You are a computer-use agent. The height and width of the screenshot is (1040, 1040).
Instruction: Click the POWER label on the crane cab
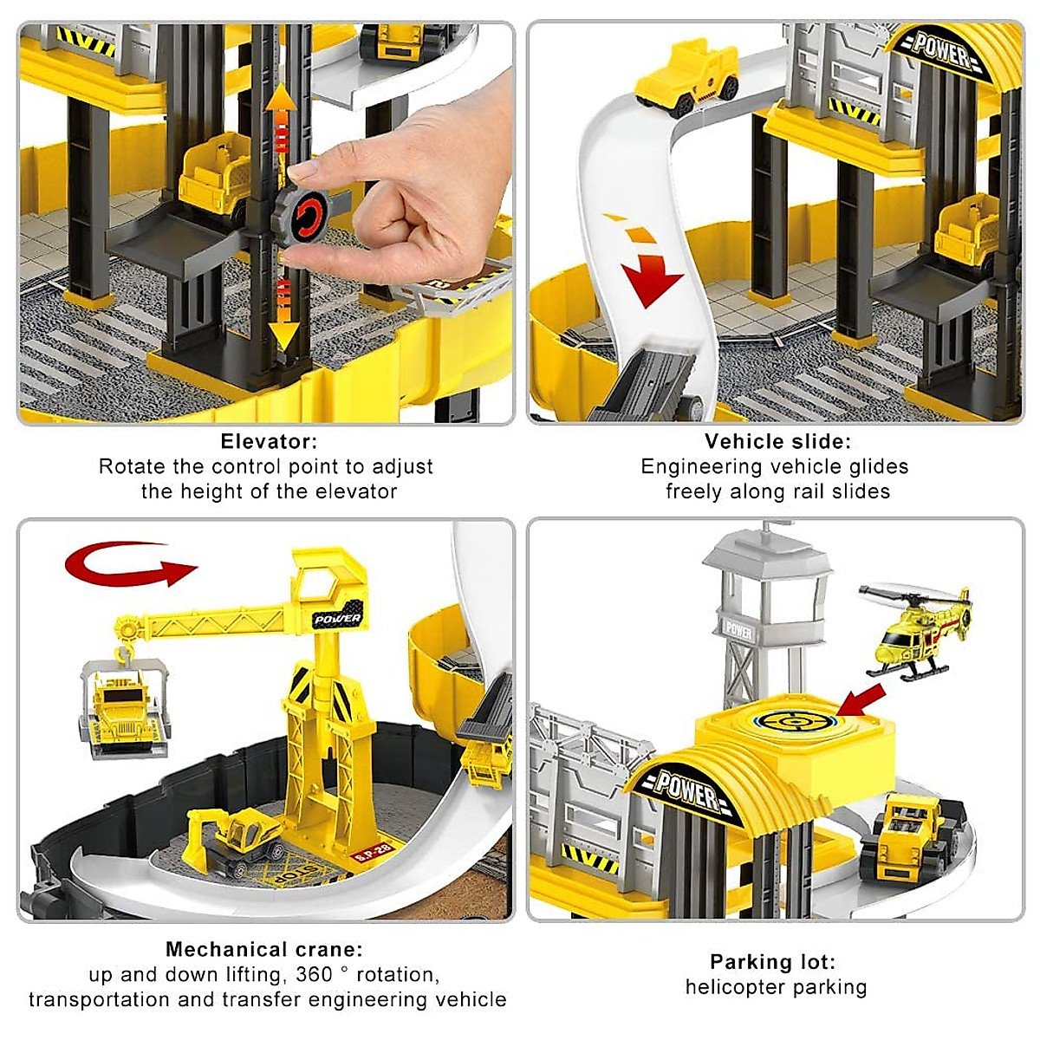tap(338, 618)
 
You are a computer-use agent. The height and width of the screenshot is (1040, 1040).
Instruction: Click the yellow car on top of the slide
tap(687, 82)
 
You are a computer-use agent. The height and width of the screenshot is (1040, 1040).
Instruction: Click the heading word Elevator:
tap(269, 441)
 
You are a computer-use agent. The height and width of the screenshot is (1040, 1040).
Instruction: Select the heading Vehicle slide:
tap(777, 441)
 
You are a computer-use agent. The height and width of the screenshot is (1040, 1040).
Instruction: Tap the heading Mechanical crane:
tap(264, 949)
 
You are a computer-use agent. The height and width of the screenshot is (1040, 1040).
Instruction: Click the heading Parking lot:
tap(773, 961)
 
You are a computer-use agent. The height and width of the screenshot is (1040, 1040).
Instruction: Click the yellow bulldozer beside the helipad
tap(914, 832)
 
